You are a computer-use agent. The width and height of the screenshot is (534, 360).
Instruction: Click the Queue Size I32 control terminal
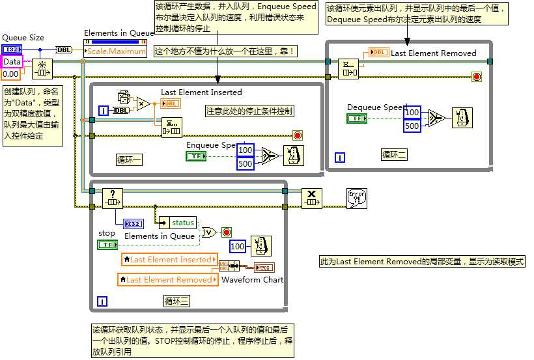pos(11,49)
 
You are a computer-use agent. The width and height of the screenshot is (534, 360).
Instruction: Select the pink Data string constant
pos(12,62)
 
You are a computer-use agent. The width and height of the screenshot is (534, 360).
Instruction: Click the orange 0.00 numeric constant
pos(10,74)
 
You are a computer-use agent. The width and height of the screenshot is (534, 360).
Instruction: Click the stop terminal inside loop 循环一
pos(298,135)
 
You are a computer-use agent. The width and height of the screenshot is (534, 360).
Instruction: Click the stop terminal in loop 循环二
pos(476,77)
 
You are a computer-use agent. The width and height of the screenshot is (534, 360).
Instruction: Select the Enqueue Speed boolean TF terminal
pos(195,156)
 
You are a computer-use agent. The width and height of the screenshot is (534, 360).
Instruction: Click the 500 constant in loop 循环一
pos(245,163)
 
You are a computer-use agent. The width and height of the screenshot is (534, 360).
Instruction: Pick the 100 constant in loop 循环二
pos(412,112)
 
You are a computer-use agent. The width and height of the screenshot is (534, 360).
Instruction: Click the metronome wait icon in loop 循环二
pos(462,118)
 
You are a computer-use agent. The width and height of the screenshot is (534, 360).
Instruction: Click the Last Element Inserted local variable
pos(169,260)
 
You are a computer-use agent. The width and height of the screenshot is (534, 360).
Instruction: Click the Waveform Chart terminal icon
pos(264,267)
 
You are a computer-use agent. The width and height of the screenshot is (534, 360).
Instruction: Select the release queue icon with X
pos(312,199)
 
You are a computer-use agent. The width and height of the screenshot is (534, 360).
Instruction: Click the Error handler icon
pos(357,199)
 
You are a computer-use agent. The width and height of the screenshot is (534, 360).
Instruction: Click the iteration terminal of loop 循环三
pos(102,301)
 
